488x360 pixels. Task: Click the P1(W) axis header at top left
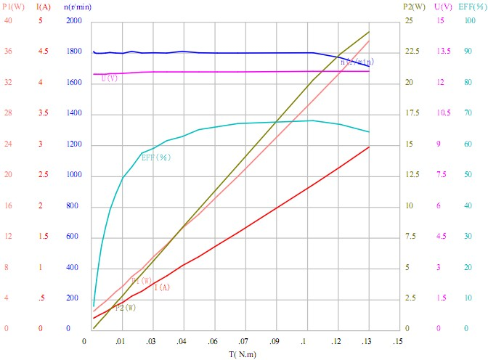pos(11,7)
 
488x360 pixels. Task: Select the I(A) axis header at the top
pos(44,7)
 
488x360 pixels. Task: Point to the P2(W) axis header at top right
pos(413,7)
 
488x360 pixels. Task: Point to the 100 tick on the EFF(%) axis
pos(470,21)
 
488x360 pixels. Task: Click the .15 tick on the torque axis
pos(396,340)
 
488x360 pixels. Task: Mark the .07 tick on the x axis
pos(243,340)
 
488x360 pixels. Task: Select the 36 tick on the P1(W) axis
pos(8,52)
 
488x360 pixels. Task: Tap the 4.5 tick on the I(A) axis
pos(44,52)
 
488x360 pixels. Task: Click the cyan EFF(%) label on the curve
pos(155,156)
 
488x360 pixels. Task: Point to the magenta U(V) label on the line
pos(110,78)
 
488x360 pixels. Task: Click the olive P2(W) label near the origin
pos(126,308)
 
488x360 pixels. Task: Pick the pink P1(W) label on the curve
pos(142,281)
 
